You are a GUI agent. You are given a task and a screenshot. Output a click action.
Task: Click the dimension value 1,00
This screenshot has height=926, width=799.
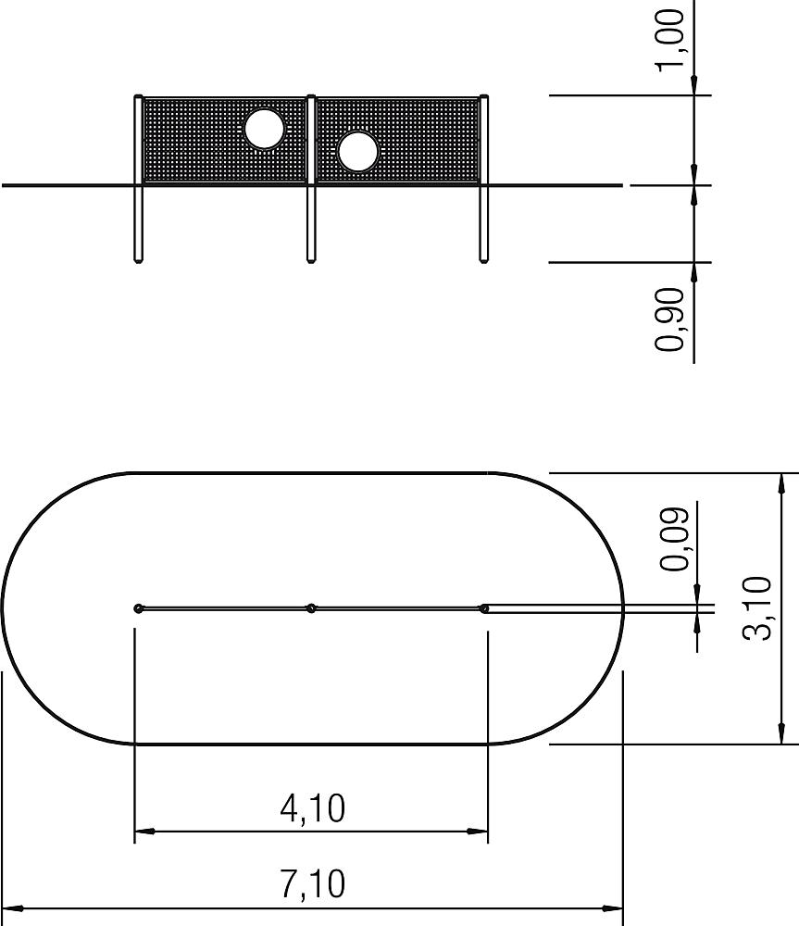coord(670,41)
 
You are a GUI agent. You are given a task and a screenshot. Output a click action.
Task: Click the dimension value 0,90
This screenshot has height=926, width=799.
coord(670,319)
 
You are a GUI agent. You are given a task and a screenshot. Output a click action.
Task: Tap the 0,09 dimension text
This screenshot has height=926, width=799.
coord(674,539)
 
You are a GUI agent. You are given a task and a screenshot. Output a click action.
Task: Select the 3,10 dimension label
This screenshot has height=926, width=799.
coord(756,609)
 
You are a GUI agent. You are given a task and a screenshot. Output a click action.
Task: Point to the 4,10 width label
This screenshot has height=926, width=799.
coord(312,808)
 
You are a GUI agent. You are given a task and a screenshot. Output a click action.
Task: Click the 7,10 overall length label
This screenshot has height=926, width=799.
coord(312,884)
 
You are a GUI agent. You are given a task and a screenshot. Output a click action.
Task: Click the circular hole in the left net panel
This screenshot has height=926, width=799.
coord(265,128)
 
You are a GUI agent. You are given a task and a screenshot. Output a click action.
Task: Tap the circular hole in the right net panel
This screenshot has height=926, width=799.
coord(358,151)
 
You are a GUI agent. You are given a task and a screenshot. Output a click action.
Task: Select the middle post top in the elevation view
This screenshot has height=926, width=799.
coord(311,97)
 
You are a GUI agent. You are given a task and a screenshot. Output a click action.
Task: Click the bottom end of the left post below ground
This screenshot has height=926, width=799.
coord(138,259)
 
